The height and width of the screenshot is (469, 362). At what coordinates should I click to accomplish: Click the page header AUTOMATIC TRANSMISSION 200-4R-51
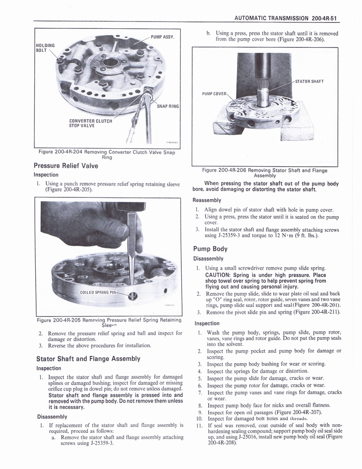[286, 18]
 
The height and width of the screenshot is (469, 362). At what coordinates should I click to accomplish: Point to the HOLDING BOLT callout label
[45, 48]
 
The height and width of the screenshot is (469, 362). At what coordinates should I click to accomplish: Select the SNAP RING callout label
[167, 106]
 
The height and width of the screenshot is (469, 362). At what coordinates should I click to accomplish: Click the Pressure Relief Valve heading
[66, 166]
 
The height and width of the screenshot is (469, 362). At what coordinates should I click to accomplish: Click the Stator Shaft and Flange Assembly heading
[87, 359]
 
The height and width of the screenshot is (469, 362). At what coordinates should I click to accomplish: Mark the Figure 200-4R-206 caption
[265, 173]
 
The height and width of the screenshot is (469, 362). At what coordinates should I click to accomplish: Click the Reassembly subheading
[207, 200]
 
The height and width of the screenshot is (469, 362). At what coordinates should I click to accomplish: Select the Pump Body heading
[210, 249]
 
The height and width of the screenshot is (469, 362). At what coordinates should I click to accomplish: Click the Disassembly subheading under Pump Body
[209, 259]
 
